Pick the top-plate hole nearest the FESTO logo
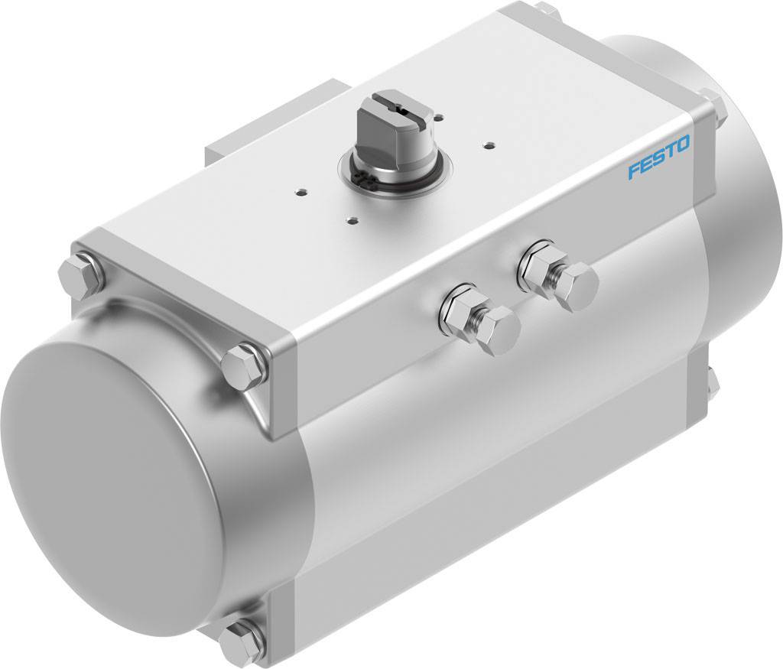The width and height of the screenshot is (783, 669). point(487,141)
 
